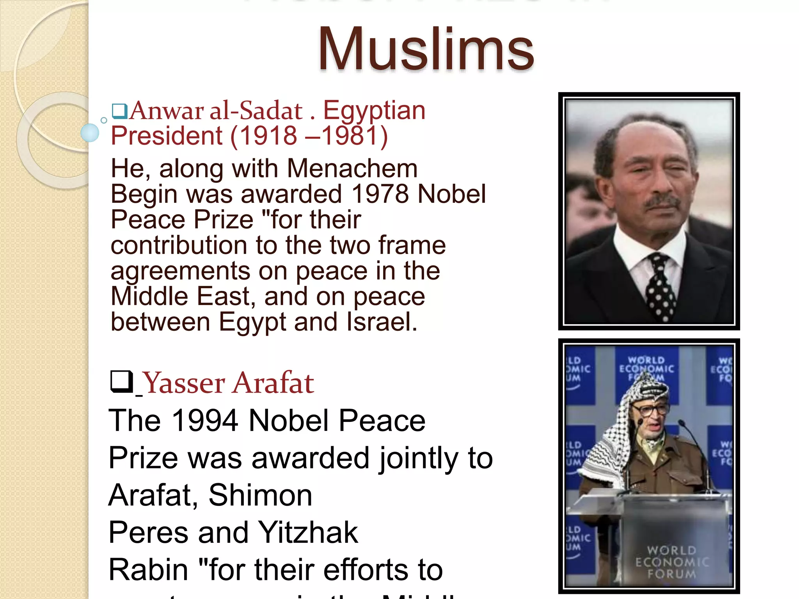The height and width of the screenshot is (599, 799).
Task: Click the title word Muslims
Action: pyautogui.click(x=426, y=50)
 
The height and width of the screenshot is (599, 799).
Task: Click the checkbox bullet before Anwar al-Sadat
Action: pyautogui.click(x=119, y=111)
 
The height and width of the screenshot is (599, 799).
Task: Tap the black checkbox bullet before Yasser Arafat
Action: pyautogui.click(x=122, y=381)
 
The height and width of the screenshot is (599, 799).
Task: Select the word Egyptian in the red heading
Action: pyautogui.click(x=374, y=111)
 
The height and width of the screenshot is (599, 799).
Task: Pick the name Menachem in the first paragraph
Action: pyautogui.click(x=352, y=168)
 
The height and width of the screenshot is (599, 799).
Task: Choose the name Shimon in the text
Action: pyautogui.click(x=260, y=495)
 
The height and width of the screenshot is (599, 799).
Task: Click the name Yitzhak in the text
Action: pyautogui.click(x=308, y=532)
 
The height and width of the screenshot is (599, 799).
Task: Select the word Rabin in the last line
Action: pyautogui.click(x=148, y=569)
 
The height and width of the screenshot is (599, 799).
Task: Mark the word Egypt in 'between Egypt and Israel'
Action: pyautogui.click(x=253, y=322)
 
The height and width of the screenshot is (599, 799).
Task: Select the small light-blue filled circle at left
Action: pyautogui.click(x=90, y=133)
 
